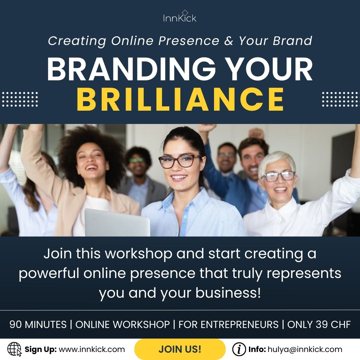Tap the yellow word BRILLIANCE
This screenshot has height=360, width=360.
pos(180,99)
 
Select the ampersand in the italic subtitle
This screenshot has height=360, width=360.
pos(229,41)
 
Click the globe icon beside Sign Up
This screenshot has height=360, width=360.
pos(14,349)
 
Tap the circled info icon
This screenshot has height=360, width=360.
pos(239,349)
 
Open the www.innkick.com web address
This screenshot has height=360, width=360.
pos(92,349)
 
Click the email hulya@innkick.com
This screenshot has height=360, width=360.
pos(305,349)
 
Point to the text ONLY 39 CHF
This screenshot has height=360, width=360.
pos(319,324)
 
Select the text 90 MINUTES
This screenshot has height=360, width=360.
pos(38,324)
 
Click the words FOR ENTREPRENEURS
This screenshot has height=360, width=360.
pos(228,324)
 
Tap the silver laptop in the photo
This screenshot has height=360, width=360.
pos(117,222)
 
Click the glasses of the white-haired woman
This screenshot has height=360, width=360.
pos(278,176)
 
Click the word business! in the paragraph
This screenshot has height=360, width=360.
pos(228,293)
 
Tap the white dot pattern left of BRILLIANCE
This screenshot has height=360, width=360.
pos(20,99)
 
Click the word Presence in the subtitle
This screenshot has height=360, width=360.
pos(189,41)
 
